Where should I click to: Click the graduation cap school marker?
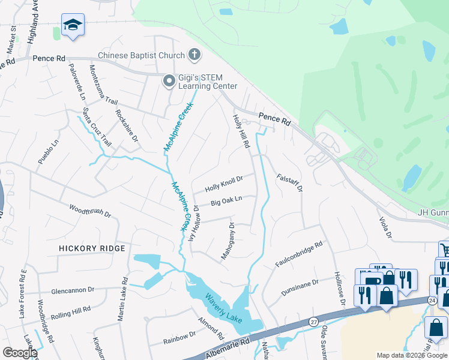click(73, 25)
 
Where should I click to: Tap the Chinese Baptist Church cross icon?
click(194, 55)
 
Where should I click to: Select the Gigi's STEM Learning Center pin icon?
click(169, 80)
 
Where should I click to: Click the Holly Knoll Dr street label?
click(224, 183)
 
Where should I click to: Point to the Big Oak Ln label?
click(226, 201)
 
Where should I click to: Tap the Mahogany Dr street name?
click(228, 241)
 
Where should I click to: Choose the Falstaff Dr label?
click(289, 183)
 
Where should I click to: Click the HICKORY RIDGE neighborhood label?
click(92, 248)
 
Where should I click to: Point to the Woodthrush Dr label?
click(90, 212)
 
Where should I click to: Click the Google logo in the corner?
click(20, 353)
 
